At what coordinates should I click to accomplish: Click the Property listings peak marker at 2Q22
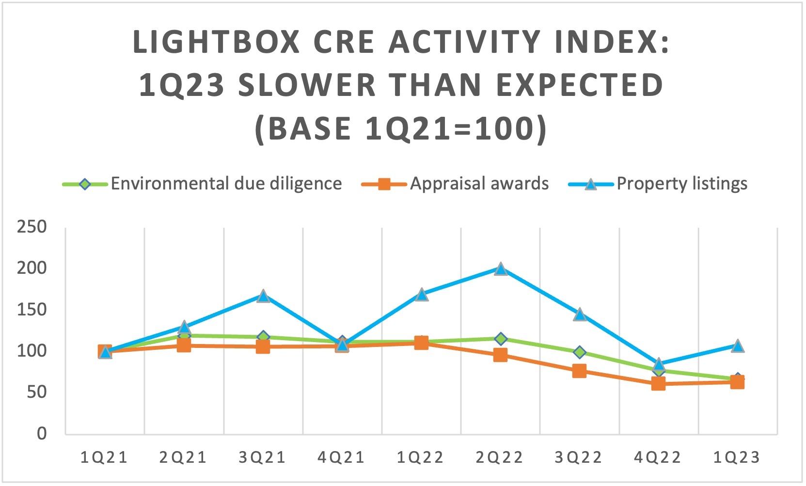(501, 269)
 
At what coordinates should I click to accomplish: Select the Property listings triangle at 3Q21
(263, 296)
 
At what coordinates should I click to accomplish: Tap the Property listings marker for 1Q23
(737, 346)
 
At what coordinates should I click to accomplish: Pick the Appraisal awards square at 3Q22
(579, 371)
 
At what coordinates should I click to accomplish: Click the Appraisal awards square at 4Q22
(658, 384)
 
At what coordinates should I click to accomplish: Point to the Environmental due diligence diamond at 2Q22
(501, 339)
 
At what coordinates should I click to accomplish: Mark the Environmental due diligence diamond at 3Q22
(579, 352)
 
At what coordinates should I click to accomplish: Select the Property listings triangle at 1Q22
(422, 295)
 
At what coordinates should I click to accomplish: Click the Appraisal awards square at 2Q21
(184, 345)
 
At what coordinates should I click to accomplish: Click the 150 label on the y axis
(32, 309)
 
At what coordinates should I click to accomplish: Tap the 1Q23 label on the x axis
(737, 457)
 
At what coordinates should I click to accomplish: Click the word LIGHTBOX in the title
(216, 42)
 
